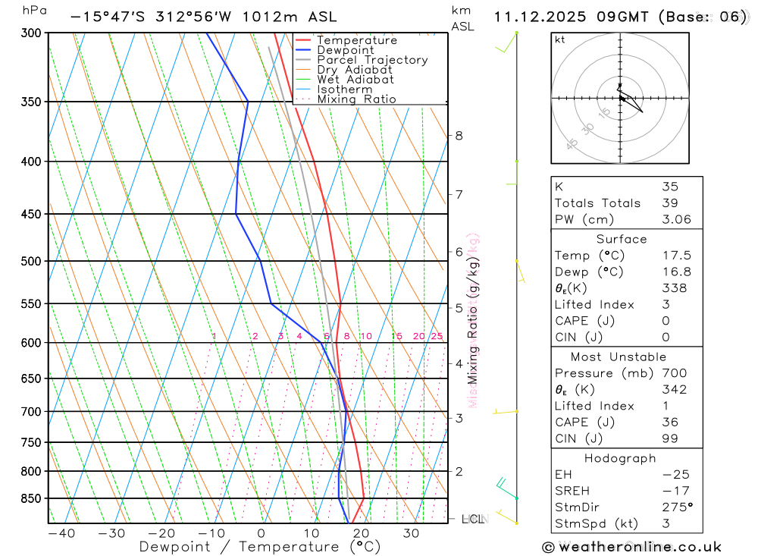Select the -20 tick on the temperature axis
pos(161,533)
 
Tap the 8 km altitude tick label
pos(459,136)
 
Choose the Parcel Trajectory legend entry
pos(371,60)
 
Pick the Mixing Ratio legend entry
pos(356,99)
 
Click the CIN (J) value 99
pos(669,438)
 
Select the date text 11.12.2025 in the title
pos(539,17)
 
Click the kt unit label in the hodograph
pos(560,39)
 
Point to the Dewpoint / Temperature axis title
pos(259,546)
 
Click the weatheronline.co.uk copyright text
pos(631,547)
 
